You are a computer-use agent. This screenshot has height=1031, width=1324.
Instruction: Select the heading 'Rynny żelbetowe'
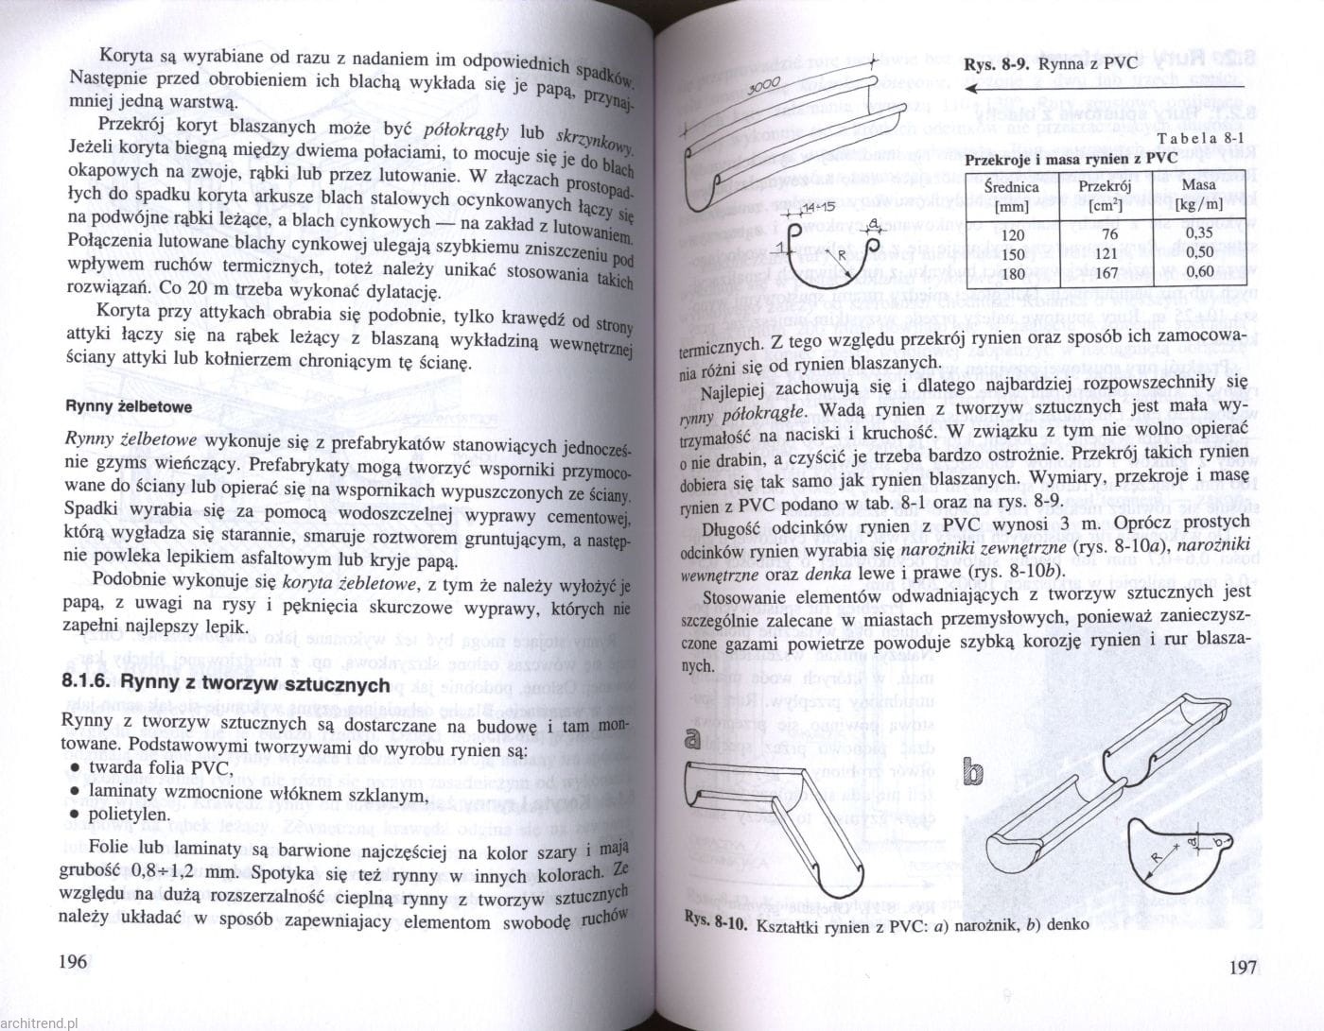(128, 407)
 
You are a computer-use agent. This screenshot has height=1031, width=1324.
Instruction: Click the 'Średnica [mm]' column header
(1011, 196)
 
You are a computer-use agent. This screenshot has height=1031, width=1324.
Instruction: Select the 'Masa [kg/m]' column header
(1199, 196)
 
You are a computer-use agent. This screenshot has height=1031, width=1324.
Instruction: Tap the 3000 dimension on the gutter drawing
(761, 88)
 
